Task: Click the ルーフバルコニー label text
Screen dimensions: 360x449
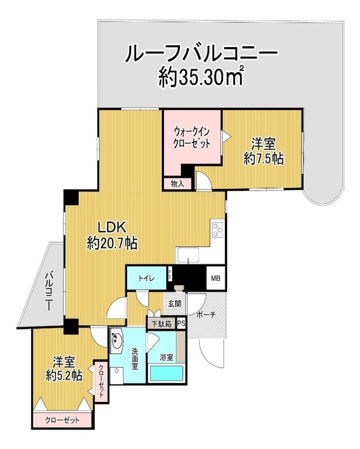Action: [x=202, y=54]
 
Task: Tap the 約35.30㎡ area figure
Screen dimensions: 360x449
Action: [x=201, y=77]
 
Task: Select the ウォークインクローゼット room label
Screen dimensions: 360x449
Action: [x=192, y=137]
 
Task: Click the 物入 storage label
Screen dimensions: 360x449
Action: [x=177, y=184]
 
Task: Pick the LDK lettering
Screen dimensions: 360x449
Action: [x=112, y=227]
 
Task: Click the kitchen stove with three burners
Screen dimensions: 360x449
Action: [x=217, y=230]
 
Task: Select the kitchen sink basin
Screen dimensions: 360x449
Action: [x=188, y=255]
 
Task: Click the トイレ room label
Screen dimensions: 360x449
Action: [x=147, y=278]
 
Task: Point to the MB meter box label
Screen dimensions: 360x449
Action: [x=216, y=278]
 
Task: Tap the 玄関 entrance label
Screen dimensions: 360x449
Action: [x=174, y=303]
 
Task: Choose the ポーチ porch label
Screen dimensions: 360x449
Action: [x=206, y=315]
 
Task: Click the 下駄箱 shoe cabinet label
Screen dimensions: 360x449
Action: [x=162, y=324]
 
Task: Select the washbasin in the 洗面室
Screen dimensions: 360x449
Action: [x=117, y=339]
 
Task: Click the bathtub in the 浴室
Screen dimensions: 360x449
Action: [x=167, y=373]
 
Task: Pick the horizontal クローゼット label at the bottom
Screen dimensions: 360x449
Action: [x=62, y=420]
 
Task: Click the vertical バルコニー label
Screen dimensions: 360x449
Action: [x=49, y=291]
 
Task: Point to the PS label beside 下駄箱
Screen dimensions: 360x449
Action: [x=181, y=324]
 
